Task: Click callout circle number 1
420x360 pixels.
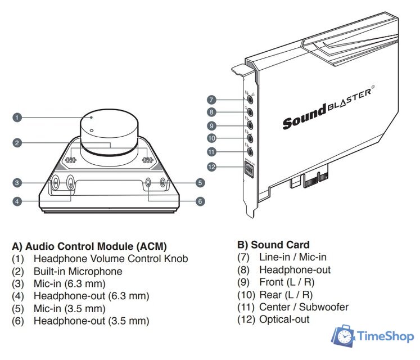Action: tap(17, 118)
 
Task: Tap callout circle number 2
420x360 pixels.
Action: tap(17, 143)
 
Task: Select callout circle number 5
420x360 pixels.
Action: tap(200, 182)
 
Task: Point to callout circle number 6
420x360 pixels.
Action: tap(200, 201)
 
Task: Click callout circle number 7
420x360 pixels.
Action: tap(211, 100)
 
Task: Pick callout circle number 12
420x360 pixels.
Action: tap(211, 166)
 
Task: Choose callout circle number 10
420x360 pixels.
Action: tap(211, 138)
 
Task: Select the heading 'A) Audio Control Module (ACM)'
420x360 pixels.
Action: tap(89, 246)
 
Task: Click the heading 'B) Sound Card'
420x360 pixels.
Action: tap(273, 245)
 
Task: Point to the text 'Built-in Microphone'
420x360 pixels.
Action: tap(78, 271)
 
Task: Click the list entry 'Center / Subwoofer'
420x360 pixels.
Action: tap(304, 307)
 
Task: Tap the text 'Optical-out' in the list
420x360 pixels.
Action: tap(284, 319)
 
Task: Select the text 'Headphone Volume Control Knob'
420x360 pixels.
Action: tap(111, 259)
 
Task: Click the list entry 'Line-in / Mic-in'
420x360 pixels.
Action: tap(292, 257)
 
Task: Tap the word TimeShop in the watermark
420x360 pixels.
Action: tap(385, 337)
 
